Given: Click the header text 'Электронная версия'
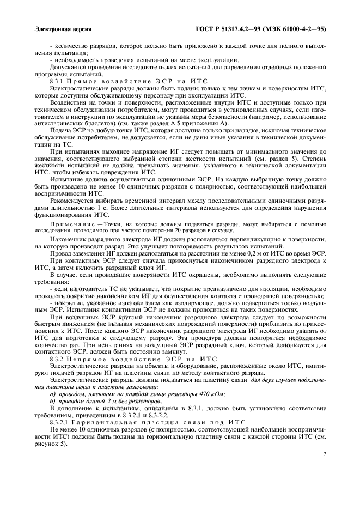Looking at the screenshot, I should pos(62,29).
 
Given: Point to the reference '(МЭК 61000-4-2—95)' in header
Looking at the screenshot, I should pos(295,29).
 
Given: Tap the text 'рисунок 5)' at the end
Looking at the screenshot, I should pos(50,442).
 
